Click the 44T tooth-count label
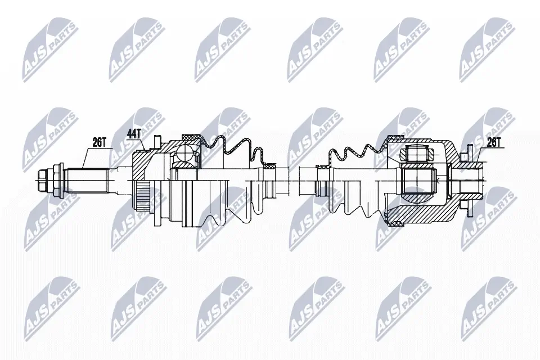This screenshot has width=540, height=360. click(x=134, y=133)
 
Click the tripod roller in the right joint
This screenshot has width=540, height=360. click(x=416, y=152)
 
